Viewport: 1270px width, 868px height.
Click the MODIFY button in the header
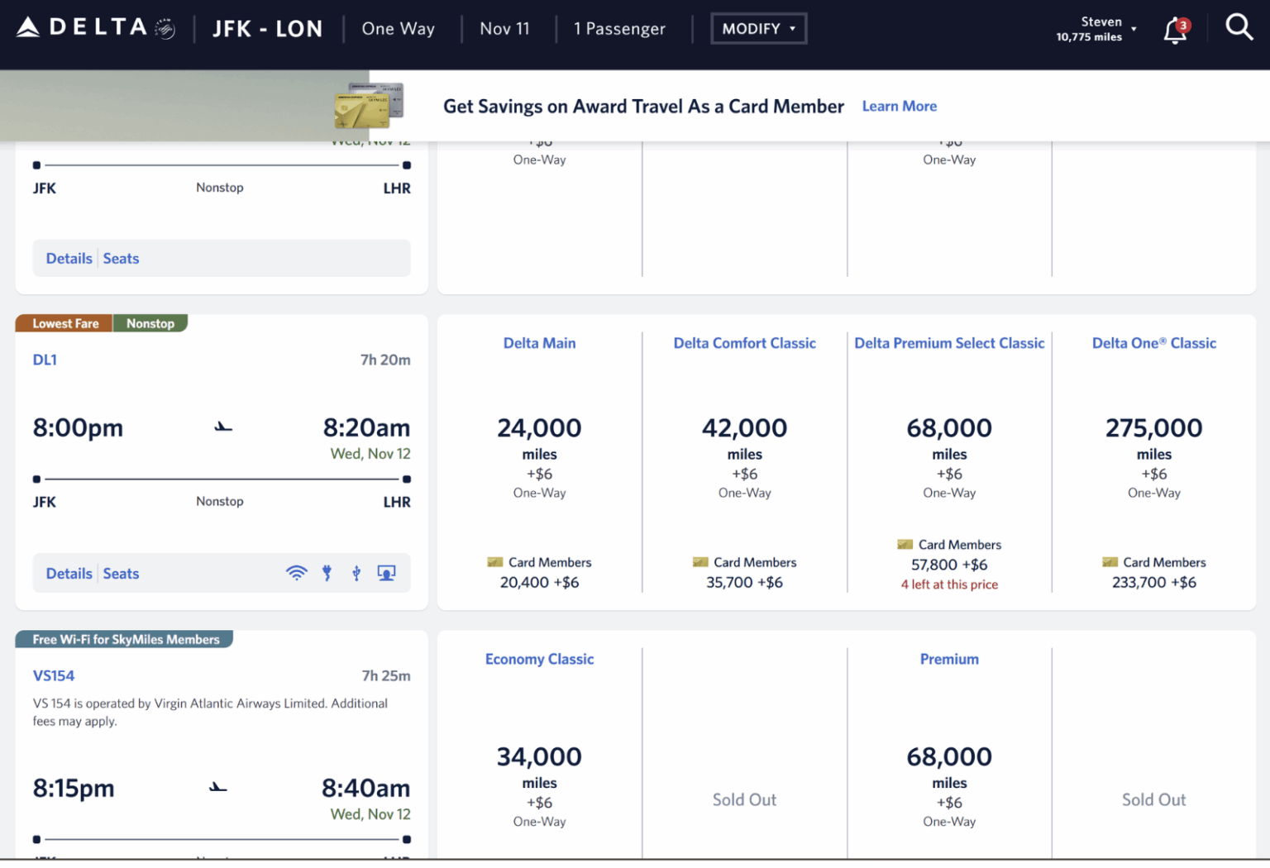(x=757, y=29)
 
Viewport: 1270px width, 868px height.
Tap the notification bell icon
(x=1175, y=31)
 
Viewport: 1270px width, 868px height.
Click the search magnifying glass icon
(x=1239, y=27)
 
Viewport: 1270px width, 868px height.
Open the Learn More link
(x=899, y=106)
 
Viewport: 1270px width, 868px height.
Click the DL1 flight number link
(x=45, y=360)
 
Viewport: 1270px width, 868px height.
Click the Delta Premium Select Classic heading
(x=949, y=343)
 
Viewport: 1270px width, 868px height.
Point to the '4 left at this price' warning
(x=949, y=584)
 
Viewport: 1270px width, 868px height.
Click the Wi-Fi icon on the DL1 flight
(x=296, y=573)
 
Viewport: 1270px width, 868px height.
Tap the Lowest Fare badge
(x=65, y=323)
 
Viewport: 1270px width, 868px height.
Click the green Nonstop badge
(x=150, y=323)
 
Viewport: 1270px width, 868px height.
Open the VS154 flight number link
(x=54, y=675)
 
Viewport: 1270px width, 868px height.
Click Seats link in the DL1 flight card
(x=121, y=574)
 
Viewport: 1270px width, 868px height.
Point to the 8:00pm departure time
(x=78, y=428)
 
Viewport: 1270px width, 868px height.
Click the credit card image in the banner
(x=368, y=106)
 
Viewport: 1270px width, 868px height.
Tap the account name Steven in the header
(x=1101, y=22)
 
